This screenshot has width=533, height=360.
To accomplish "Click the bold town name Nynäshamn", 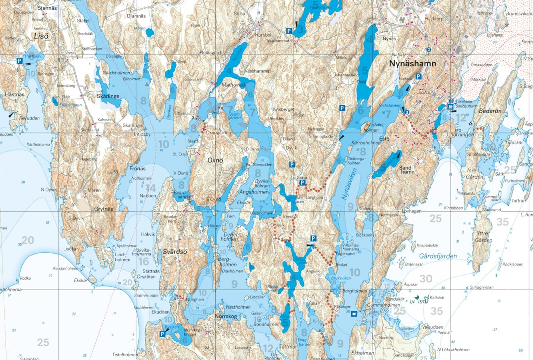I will tap(412, 64).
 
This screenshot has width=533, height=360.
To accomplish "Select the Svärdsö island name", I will tap(175, 252).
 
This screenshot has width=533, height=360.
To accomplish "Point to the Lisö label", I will tap(41, 36).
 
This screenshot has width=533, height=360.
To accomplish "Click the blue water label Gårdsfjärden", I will tap(438, 256).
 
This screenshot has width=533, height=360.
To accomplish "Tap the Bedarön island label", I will tap(490, 111).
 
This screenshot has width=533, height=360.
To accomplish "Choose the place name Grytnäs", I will tap(103, 209).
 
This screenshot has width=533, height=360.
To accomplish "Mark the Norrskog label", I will tap(226, 316).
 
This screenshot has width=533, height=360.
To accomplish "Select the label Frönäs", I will tap(137, 168).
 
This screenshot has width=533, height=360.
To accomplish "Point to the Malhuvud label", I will tap(233, 85).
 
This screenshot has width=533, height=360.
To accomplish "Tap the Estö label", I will tap(384, 138).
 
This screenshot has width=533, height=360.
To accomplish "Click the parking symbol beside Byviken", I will tap(162, 334).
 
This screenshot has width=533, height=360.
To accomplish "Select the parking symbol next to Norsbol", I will tap(289, 31).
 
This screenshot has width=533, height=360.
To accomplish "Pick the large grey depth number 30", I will tap(426, 279).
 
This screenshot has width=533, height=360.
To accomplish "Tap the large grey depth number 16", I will tap(144, 261).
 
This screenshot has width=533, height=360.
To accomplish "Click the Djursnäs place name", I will tap(136, 16).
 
